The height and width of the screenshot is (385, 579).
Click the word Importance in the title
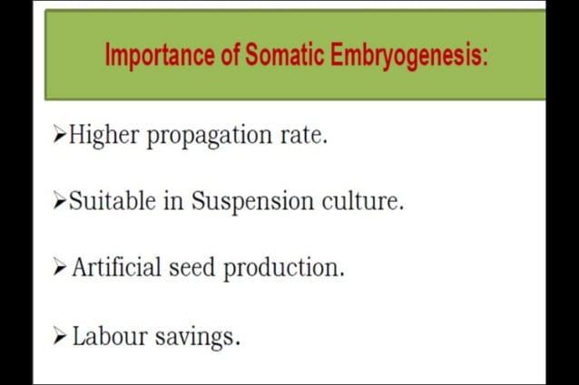(x=159, y=55)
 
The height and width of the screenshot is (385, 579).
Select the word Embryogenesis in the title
(x=409, y=56)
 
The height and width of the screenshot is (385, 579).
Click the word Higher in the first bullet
(x=103, y=136)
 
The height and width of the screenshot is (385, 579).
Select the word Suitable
(x=113, y=201)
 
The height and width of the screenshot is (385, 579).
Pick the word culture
(x=363, y=201)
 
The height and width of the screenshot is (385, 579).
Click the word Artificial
(x=117, y=268)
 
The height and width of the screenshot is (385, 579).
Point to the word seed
(x=193, y=268)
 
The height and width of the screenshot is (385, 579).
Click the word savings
(x=196, y=338)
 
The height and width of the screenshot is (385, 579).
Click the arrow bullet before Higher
(x=60, y=136)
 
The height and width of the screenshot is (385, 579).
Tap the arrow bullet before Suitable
(x=60, y=201)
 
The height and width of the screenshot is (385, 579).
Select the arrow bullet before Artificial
(x=60, y=268)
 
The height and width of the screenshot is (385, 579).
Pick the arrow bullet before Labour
(x=60, y=337)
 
